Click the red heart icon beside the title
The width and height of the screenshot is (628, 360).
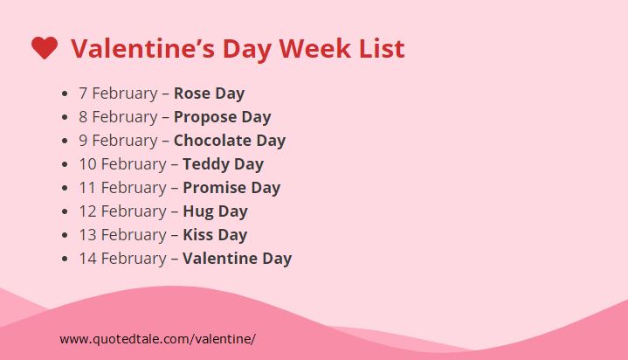coord(45,48)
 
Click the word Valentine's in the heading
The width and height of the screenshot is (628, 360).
coord(142,49)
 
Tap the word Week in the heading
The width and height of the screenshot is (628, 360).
coord(314,49)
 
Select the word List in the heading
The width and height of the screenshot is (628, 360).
coord(382,49)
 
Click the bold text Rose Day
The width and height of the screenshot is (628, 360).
coord(209,93)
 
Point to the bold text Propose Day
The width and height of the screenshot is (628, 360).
coord(222,117)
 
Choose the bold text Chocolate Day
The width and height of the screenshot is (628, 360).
coord(230,141)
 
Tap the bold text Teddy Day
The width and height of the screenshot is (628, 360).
coord(223,164)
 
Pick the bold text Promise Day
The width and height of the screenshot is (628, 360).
coord(231,188)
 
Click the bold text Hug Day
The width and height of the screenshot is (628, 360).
coord(215,211)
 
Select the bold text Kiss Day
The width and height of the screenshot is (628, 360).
coord(215,235)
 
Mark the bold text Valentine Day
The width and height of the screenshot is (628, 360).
coord(237,259)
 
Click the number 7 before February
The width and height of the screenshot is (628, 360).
coord(83,93)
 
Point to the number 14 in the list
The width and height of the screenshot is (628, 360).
coord(87,259)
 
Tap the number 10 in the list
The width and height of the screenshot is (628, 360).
coord(87,164)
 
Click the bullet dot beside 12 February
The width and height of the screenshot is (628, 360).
coord(65,211)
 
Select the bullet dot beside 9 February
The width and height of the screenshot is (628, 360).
coord(65,141)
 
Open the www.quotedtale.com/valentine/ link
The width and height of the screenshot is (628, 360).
coord(157,339)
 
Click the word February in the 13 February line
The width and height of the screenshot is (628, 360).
coord(134,235)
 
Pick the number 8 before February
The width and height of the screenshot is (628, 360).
coord(83,117)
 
